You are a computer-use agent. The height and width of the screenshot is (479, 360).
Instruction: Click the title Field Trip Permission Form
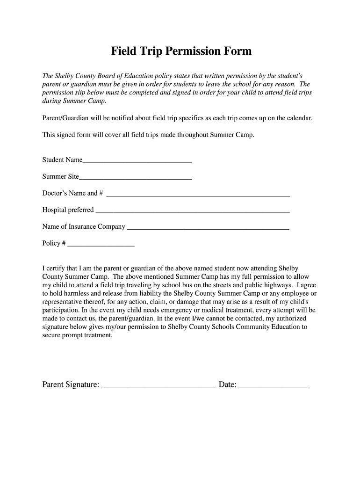[181, 51]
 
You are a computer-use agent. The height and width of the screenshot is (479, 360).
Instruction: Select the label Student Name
[62, 160]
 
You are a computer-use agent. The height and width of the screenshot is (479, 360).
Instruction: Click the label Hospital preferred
[68, 210]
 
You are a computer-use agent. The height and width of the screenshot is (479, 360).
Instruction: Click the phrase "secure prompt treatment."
[77, 335]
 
